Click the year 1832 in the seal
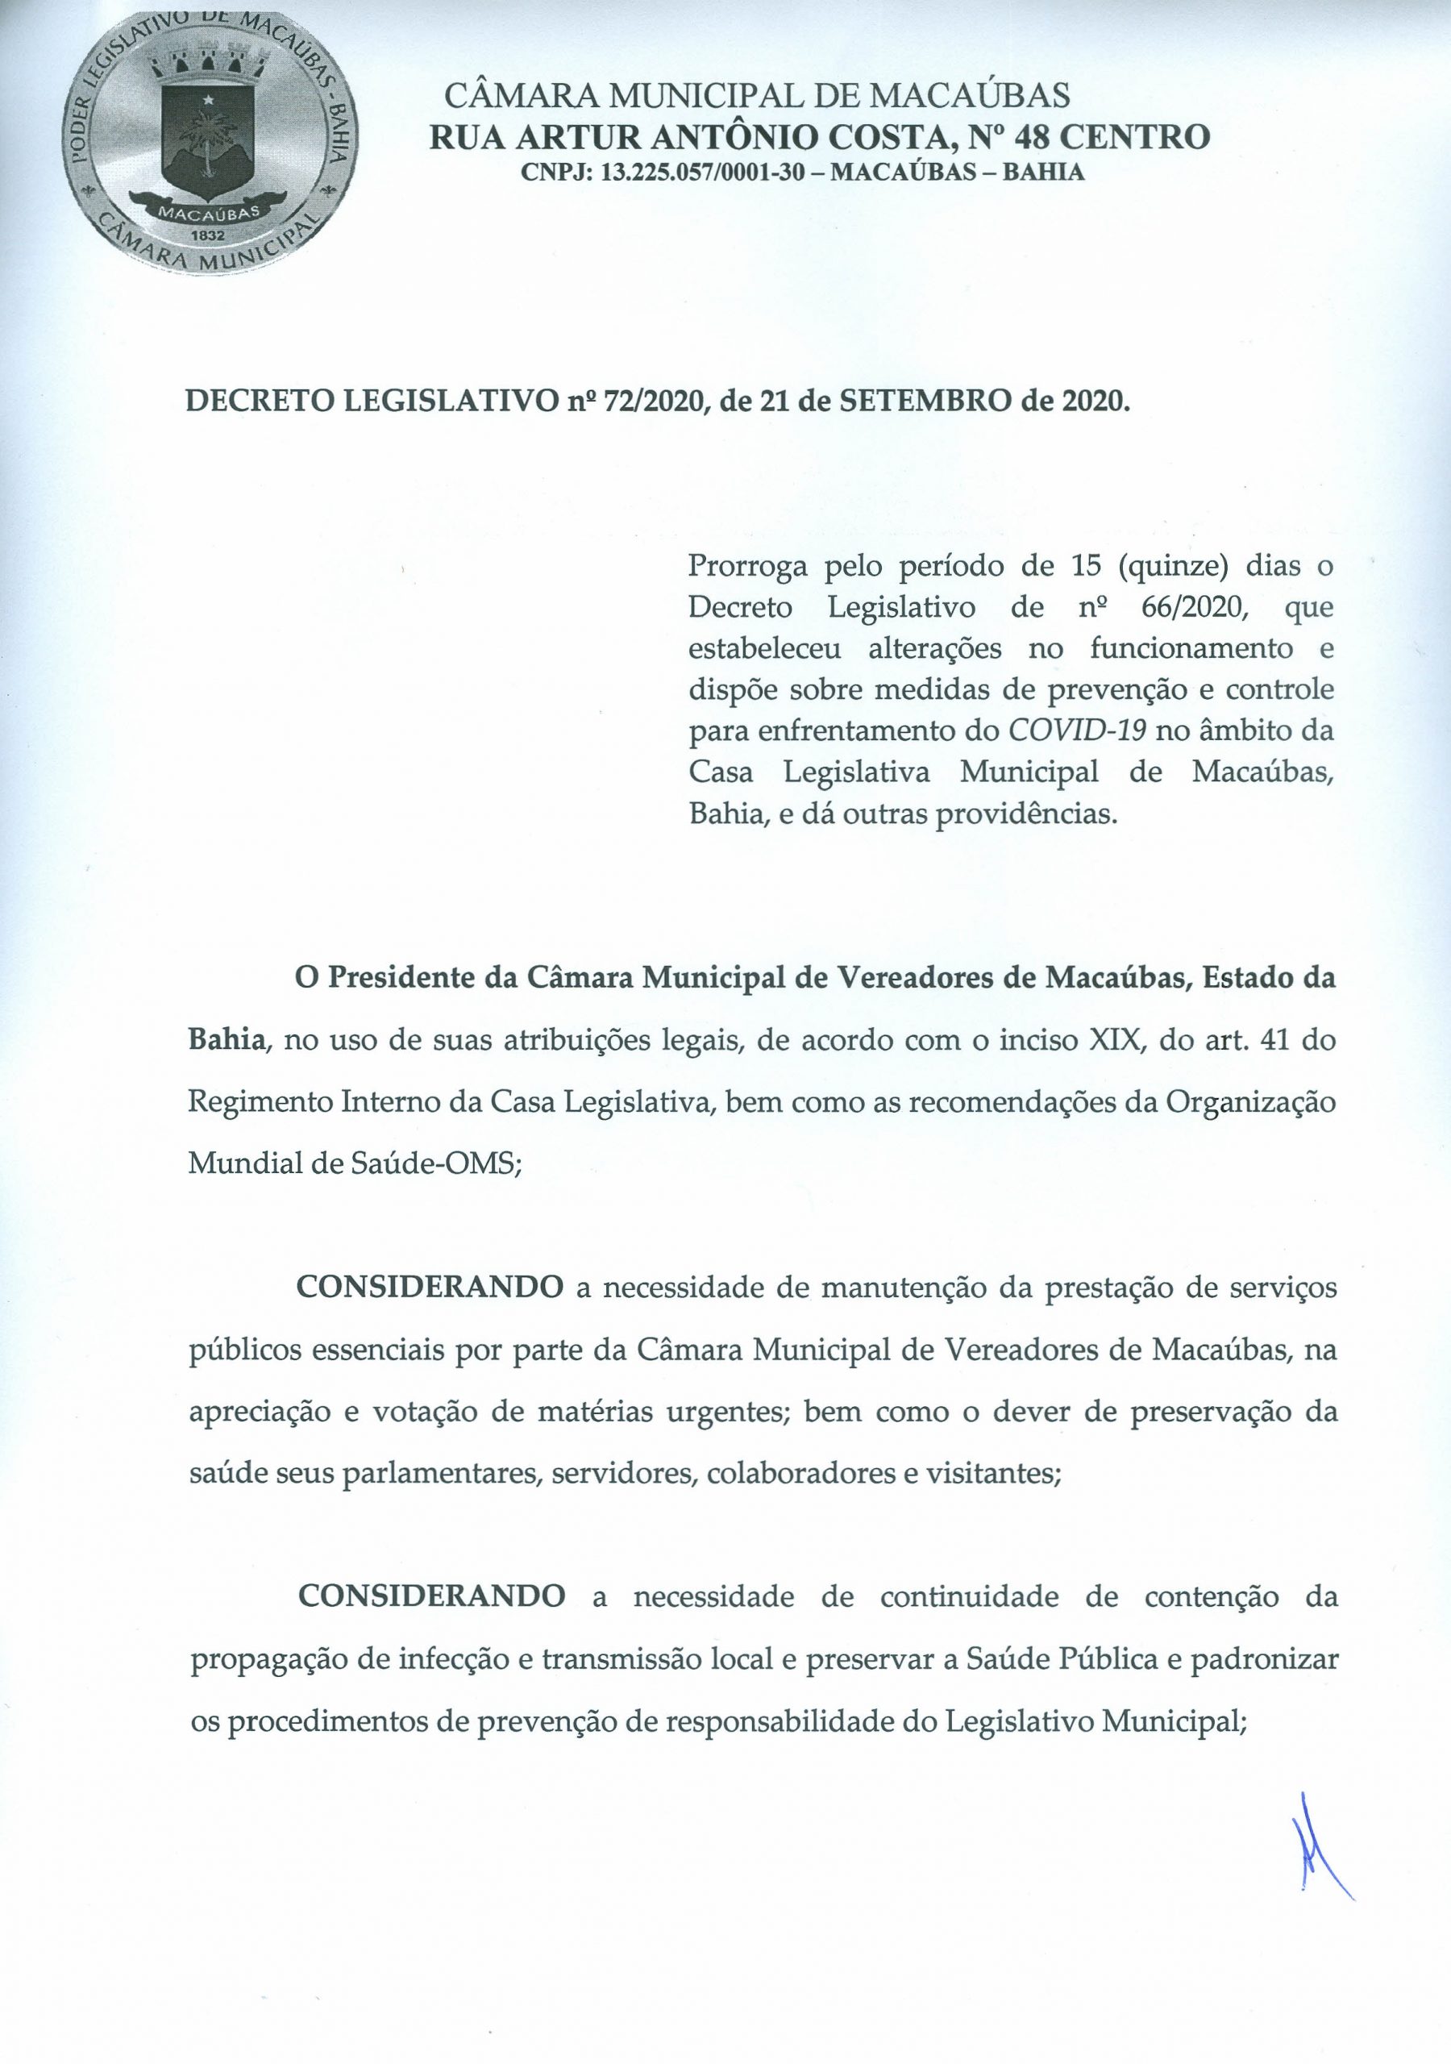pyautogui.click(x=209, y=234)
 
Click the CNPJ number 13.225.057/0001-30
pyautogui.click(x=701, y=173)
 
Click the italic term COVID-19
pyautogui.click(x=1078, y=730)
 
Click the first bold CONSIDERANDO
pyautogui.click(x=430, y=1288)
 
